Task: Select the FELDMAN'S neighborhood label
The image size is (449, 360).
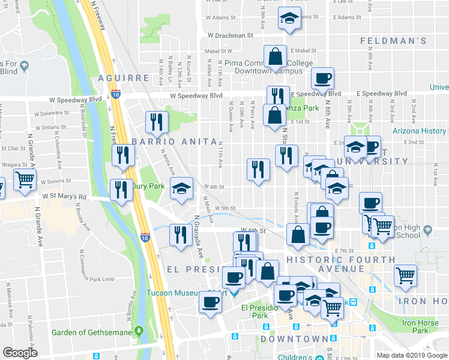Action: [x=393, y=41]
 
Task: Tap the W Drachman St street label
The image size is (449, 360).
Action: [x=231, y=36]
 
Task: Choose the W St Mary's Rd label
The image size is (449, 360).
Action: [x=64, y=196]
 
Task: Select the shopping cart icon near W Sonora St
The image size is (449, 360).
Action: [x=25, y=179]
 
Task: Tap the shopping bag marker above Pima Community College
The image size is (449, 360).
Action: [x=275, y=58]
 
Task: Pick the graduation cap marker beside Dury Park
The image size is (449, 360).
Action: [x=181, y=188]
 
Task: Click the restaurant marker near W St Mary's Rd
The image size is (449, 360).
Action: [x=121, y=190]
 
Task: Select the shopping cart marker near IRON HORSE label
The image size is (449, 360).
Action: [x=406, y=276]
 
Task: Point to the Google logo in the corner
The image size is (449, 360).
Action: [x=19, y=353]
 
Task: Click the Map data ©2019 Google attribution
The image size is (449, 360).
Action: [x=411, y=355]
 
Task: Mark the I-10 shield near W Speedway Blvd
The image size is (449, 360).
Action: [x=115, y=94]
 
